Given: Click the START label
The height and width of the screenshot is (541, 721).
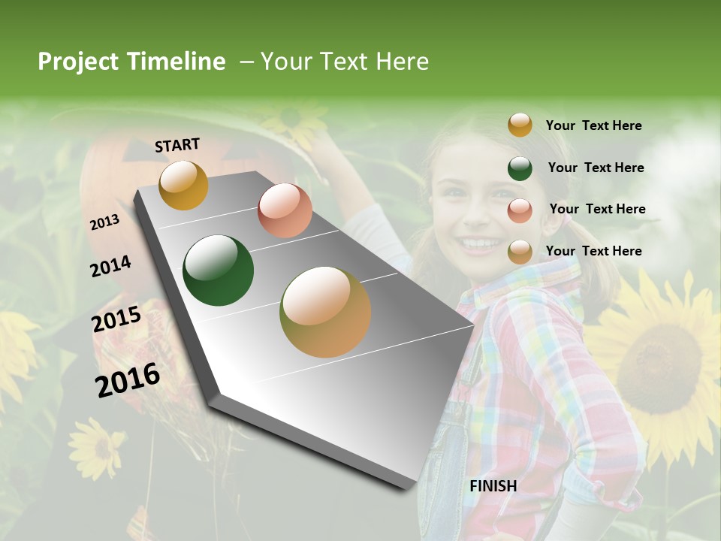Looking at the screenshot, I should coord(177,145).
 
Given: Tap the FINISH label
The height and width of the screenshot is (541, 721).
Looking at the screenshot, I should coord(493,486).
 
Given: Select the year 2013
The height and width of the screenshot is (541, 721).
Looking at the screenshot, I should coord(104,222).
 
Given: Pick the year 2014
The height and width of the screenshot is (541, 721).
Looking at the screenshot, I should coord(110,267).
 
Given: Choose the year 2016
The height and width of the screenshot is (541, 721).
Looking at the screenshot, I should coord(128,380).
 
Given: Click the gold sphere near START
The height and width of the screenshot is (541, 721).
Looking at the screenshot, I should coord(183,185).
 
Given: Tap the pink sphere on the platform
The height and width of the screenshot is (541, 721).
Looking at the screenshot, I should coord(285,210).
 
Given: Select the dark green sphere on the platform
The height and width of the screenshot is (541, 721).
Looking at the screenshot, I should coord(219,270).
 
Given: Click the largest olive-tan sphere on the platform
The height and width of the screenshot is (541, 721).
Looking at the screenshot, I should coord(325,312).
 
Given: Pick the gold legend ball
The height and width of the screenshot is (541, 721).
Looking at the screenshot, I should coord(520,125).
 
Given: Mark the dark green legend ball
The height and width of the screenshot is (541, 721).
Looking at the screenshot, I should coord(520,168).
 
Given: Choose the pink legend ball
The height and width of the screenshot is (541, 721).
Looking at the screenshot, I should coord(520,210).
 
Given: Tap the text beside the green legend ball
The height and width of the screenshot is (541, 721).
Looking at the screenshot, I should coord(596,168).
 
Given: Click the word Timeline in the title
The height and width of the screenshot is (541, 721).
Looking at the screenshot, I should coord(176,62).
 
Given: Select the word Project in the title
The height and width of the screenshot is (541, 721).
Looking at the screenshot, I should coord(77,62).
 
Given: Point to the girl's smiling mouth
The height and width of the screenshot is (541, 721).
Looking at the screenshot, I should coord(481,243).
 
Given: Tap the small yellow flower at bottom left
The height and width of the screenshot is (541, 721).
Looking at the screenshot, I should coord(96,448).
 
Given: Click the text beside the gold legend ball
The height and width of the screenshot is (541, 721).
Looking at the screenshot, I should coord(593,125).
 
